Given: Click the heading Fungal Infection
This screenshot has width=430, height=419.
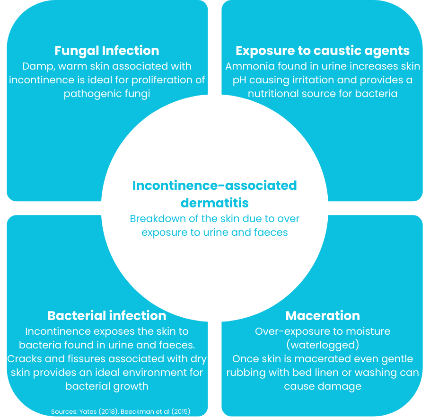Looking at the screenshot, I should (107, 51).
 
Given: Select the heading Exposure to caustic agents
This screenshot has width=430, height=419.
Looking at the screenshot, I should (323, 51).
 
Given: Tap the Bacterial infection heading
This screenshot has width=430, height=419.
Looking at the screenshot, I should (107, 315).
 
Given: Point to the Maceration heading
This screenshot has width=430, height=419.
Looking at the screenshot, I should (323, 315).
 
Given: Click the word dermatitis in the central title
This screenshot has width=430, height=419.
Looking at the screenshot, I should (215, 203).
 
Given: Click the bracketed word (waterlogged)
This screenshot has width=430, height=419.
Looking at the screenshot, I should (323, 345).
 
